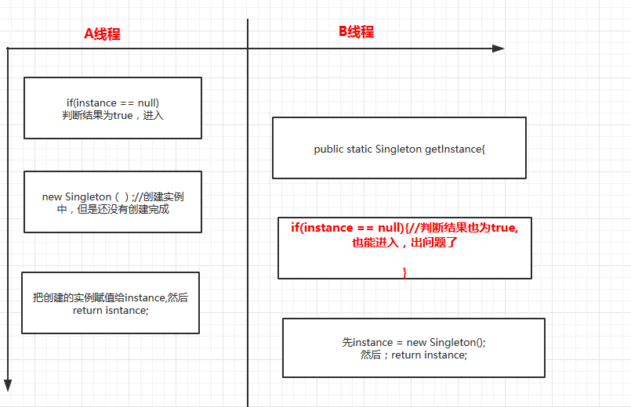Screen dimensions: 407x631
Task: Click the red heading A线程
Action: pos(102,34)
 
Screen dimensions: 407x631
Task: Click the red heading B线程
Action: pos(356,31)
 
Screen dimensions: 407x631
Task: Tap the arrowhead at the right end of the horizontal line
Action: pos(499,49)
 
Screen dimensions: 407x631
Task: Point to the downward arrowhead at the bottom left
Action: pos(8,384)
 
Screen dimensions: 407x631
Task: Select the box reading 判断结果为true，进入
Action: pos(113,108)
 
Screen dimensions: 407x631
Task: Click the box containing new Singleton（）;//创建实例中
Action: pos(113,202)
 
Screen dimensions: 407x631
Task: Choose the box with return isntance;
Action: pos(111,303)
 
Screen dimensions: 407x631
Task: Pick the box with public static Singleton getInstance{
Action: pos(399,148)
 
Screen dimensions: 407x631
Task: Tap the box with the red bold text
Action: pos(404,247)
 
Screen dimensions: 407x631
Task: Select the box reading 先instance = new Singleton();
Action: pos(414,348)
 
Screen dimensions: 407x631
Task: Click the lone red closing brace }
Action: pos(404,272)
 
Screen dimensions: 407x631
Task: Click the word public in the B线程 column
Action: pos(328,149)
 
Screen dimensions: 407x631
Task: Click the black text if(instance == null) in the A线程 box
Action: pos(113,103)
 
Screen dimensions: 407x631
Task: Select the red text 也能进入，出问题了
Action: pos(404,243)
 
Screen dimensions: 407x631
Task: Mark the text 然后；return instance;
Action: pos(414,355)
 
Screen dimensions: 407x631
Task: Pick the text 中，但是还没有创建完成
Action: pos(113,209)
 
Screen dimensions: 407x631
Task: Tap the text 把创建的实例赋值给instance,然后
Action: pos(111,298)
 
